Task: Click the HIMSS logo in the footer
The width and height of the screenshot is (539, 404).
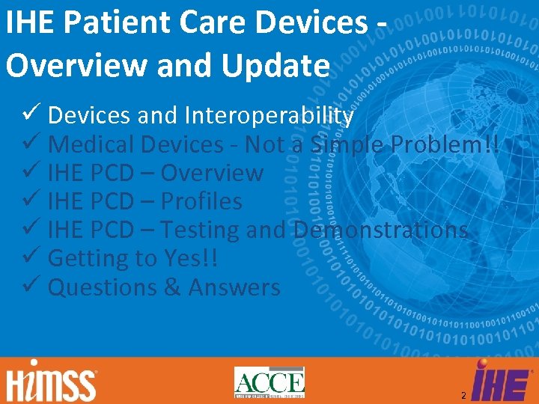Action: pyautogui.click(x=52, y=382)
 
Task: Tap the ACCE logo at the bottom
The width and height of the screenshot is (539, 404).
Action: pyautogui.click(x=269, y=382)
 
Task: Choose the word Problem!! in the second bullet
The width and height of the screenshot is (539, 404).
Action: pyautogui.click(x=450, y=144)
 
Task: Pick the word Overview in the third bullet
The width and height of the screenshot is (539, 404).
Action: pyautogui.click(x=212, y=174)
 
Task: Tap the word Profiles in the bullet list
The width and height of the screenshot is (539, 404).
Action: pyautogui.click(x=201, y=202)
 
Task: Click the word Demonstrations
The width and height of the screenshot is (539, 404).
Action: pyautogui.click(x=381, y=230)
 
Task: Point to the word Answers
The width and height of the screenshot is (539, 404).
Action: pyautogui.click(x=234, y=287)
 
